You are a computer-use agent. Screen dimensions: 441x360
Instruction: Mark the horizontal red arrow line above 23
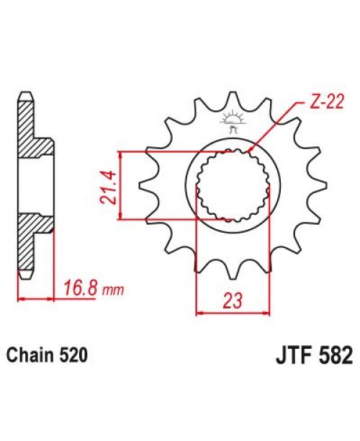tap(233, 312)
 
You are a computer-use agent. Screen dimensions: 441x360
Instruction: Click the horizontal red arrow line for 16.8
tap(36, 297)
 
